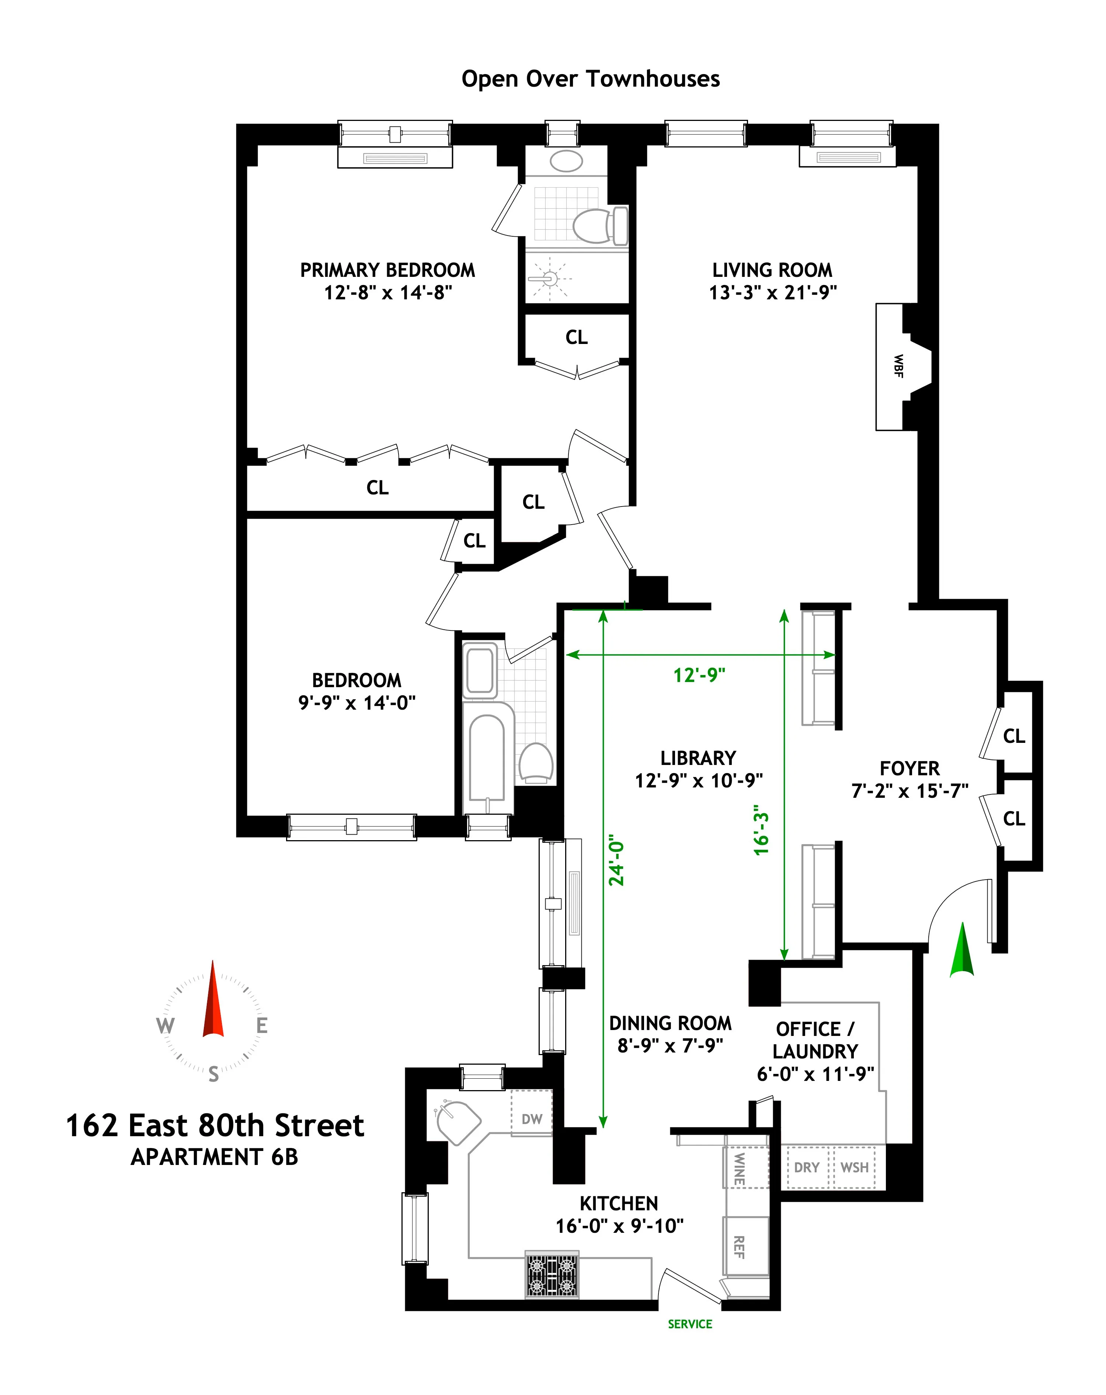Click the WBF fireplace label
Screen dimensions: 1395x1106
coord(898,366)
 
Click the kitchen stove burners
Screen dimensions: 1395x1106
coord(552,1275)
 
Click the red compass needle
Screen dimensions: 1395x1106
coord(213,1002)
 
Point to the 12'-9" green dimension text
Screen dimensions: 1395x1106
coord(699,675)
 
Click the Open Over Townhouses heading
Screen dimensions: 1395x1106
coord(590,79)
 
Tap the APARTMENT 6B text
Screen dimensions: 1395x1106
coord(214,1157)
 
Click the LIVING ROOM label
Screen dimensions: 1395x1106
coord(772,270)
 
